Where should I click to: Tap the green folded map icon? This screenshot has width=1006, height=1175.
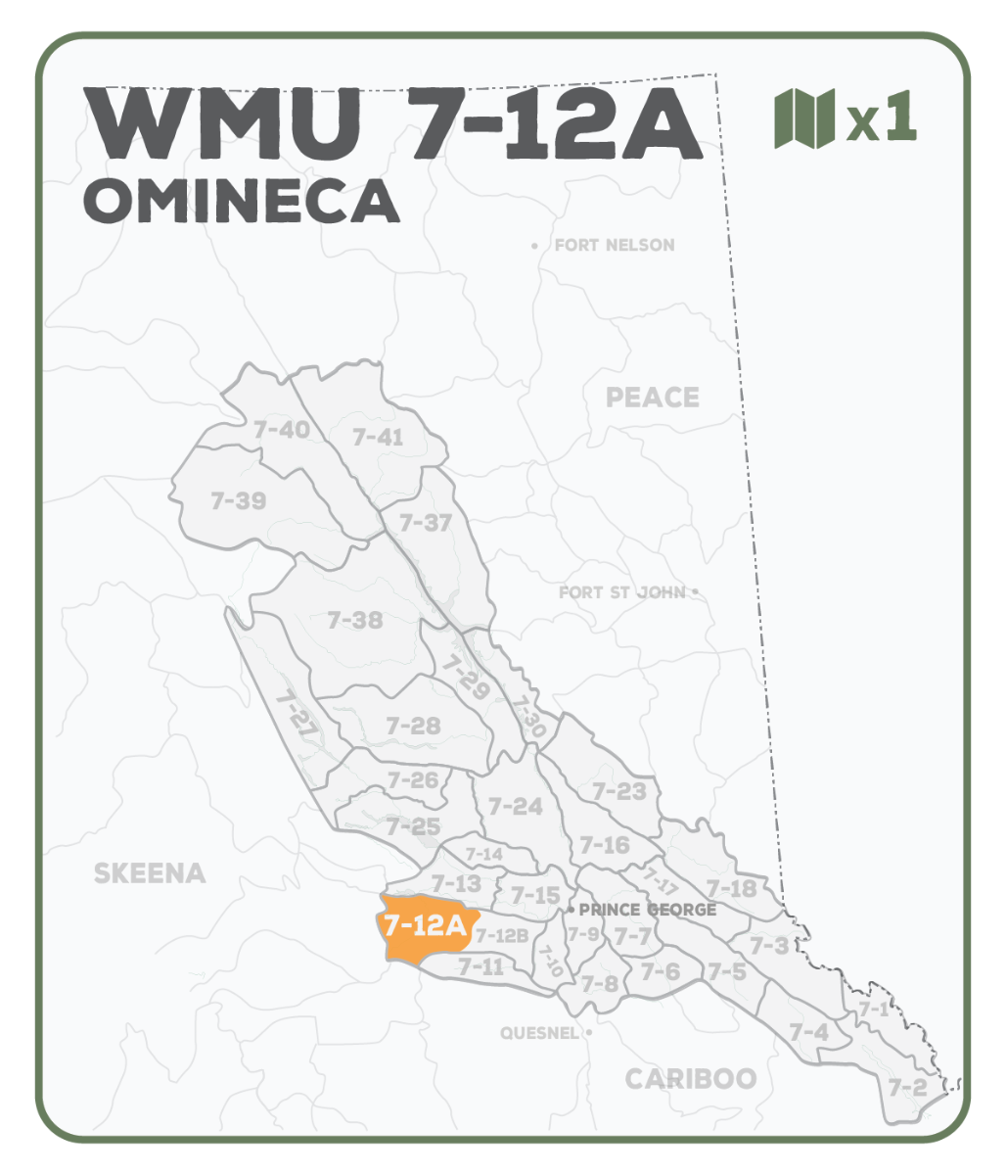[x=804, y=118]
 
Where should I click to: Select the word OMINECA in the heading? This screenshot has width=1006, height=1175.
[x=242, y=200]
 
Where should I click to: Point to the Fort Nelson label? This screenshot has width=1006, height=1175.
[x=614, y=245]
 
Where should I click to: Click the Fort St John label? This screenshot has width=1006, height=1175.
[x=622, y=592]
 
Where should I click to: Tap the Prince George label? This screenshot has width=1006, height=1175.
[x=647, y=910]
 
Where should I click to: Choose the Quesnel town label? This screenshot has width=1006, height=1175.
[x=539, y=1032]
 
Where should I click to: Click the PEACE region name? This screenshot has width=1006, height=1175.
[x=653, y=398]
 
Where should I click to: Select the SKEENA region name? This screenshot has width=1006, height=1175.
[x=150, y=873]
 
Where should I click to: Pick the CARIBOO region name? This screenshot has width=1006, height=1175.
[x=691, y=1079]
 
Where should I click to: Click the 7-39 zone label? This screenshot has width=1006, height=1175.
[x=238, y=500]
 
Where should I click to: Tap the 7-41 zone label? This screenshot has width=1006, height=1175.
[x=377, y=437]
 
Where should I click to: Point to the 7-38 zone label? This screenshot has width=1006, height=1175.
[x=354, y=620]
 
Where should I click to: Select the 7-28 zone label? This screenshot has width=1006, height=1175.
[x=413, y=726]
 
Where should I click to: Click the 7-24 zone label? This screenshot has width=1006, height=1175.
[x=515, y=806]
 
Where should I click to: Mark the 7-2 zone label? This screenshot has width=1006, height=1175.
[x=907, y=1087]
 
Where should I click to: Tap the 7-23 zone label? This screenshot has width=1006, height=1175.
[x=619, y=791]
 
